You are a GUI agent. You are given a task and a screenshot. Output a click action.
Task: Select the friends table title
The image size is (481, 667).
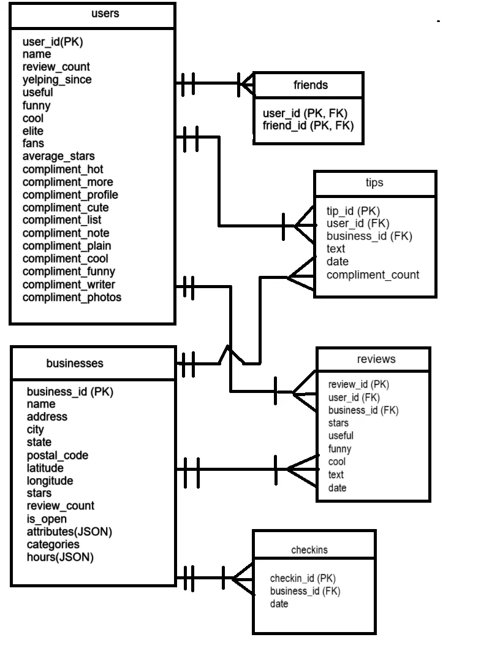(x=311, y=85)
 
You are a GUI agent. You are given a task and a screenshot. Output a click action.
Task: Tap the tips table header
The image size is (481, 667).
(x=374, y=183)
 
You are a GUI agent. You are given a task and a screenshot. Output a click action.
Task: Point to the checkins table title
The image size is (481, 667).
(x=309, y=550)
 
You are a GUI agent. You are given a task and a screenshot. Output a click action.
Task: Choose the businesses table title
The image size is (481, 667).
(x=75, y=364)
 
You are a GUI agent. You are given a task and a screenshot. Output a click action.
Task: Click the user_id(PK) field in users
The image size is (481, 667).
(x=52, y=42)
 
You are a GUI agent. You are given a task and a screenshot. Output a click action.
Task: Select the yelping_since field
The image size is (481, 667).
(x=57, y=80)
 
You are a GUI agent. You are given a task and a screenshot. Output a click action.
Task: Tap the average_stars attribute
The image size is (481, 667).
(x=58, y=156)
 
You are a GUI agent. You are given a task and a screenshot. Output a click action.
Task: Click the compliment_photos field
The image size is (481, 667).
(x=72, y=297)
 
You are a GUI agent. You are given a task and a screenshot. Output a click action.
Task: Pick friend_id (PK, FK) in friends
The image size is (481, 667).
(x=308, y=126)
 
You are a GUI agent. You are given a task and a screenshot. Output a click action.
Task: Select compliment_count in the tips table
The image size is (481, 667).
(x=373, y=275)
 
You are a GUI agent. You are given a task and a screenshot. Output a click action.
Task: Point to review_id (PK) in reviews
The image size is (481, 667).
(x=358, y=384)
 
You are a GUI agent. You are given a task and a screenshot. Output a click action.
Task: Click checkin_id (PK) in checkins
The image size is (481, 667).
(x=303, y=577)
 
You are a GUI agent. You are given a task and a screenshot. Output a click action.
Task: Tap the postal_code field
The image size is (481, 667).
(x=58, y=455)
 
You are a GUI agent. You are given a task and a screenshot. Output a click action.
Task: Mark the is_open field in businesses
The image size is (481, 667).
(x=47, y=519)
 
